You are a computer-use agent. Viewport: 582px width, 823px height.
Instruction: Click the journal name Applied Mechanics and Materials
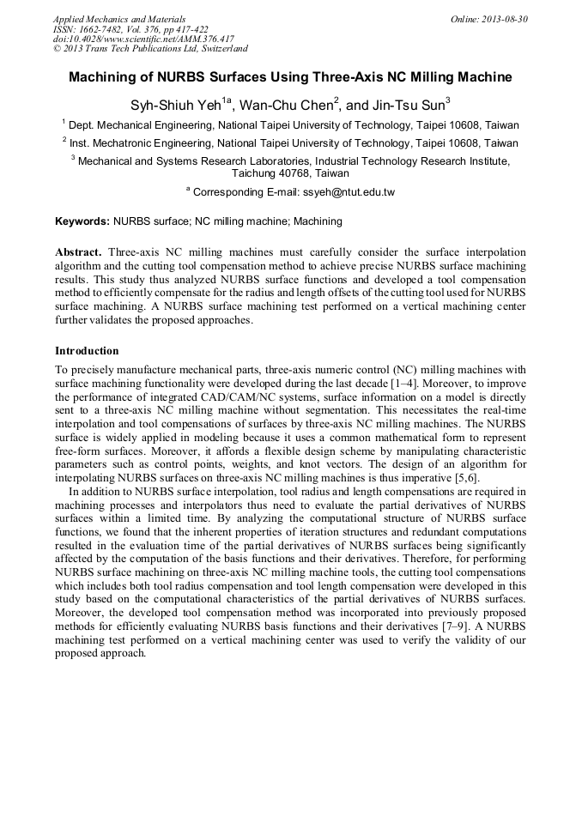(119, 19)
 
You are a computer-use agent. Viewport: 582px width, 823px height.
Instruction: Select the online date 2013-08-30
(502, 19)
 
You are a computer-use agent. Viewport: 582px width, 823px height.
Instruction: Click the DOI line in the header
(143, 39)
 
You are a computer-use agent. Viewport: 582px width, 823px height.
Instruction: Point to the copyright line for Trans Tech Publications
(150, 49)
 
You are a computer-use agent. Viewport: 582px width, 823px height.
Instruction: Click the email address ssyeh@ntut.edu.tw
(345, 192)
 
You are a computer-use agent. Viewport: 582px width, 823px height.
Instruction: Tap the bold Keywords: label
(82, 221)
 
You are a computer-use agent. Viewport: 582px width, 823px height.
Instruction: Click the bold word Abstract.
(78, 253)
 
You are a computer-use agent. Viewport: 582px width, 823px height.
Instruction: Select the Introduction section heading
(87, 351)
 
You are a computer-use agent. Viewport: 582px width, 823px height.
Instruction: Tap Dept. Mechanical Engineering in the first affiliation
(141, 125)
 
